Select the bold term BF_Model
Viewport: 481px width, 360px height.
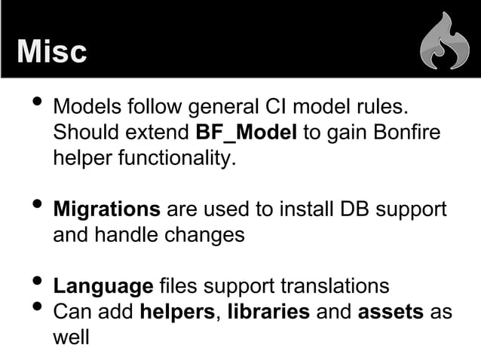246,133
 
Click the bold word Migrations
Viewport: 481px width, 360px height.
106,209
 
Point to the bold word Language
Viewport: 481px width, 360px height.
103,287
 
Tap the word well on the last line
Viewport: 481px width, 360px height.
70,337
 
